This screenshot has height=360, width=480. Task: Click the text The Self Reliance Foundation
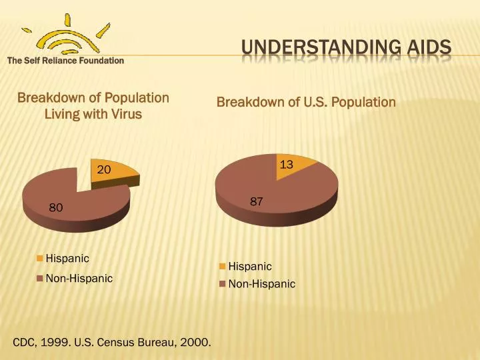[65, 61]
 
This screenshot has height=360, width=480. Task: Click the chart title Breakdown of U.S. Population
[306, 102]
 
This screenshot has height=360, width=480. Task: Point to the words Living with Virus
[93, 114]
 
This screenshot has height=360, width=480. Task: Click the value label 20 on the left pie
[103, 170]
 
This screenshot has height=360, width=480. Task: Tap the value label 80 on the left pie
[56, 208]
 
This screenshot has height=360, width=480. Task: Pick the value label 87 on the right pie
[257, 201]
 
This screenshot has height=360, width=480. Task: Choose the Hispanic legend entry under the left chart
[67, 259]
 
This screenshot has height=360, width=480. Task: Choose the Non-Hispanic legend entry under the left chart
[79, 278]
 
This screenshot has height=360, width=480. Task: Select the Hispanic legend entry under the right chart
[250, 266]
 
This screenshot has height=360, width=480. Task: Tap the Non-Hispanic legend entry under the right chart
[261, 284]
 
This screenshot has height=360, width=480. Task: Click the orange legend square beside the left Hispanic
[40, 259]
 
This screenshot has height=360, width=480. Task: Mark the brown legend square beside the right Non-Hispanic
[223, 285]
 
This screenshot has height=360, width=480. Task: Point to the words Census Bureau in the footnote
[145, 343]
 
